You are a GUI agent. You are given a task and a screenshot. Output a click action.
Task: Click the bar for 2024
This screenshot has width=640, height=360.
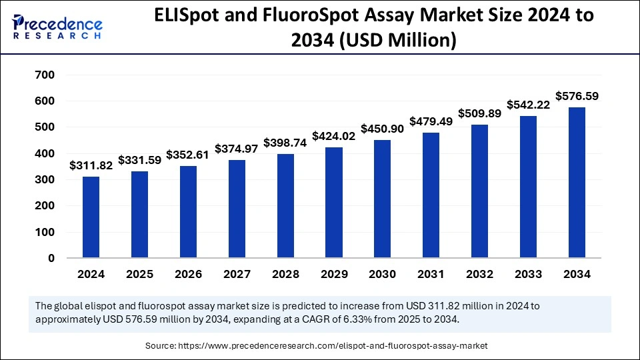point(91,217)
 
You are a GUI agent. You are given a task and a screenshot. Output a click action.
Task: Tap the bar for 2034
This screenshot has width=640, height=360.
point(577,183)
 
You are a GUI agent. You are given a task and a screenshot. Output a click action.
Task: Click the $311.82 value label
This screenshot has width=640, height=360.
point(91,166)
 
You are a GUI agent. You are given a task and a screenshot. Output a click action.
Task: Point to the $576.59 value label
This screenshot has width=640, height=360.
point(577,96)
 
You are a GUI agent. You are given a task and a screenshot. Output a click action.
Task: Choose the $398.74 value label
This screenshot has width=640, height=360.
point(285,143)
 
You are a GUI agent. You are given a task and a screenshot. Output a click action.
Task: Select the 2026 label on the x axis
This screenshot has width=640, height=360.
point(188,274)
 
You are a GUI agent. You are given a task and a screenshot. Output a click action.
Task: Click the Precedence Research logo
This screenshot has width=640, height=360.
point(57,27)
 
